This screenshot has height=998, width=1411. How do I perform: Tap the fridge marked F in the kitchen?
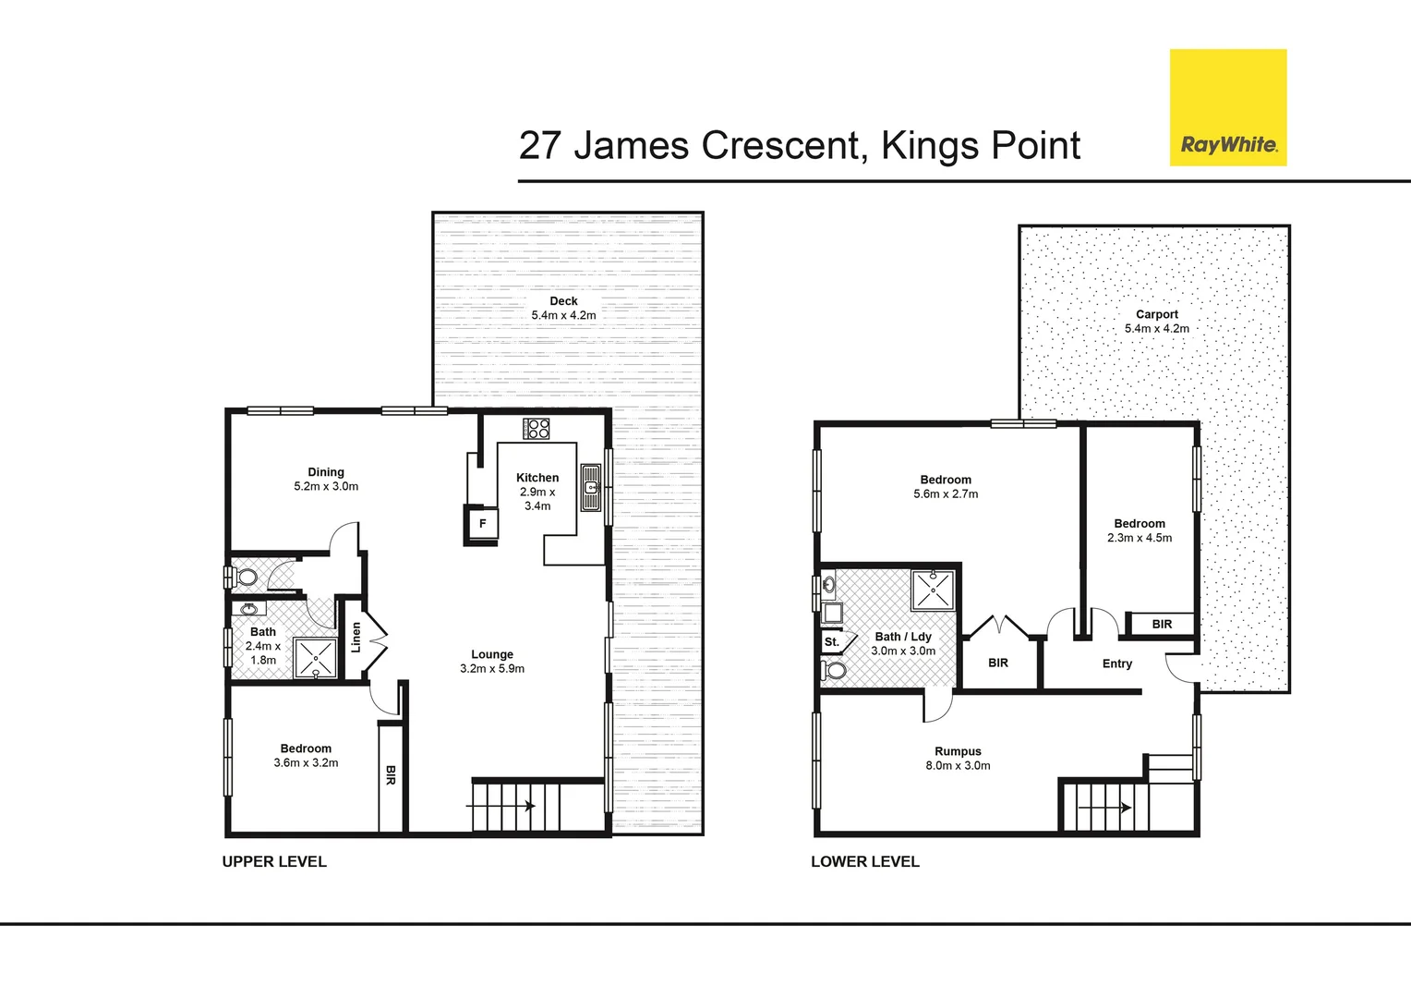click(482, 524)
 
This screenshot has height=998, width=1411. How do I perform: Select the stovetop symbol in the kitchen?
click(537, 429)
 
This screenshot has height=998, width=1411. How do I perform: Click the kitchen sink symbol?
click(591, 488)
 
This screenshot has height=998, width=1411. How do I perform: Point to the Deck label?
click(563, 301)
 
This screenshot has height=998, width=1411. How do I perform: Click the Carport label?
click(1156, 314)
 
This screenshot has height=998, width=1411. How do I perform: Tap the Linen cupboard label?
click(356, 637)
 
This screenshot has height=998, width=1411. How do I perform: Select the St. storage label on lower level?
click(831, 642)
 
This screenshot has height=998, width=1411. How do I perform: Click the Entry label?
click(1116, 663)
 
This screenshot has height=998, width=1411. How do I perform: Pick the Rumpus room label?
click(958, 751)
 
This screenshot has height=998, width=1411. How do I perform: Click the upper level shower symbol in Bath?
click(316, 657)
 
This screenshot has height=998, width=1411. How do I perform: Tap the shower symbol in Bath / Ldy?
click(933, 590)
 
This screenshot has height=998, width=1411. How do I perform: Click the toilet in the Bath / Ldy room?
click(834, 670)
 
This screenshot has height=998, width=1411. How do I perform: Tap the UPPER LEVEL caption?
click(274, 861)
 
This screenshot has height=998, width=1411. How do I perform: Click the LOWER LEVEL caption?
click(864, 861)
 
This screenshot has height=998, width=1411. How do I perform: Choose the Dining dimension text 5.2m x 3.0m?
click(326, 486)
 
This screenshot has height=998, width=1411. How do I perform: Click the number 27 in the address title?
click(540, 146)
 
